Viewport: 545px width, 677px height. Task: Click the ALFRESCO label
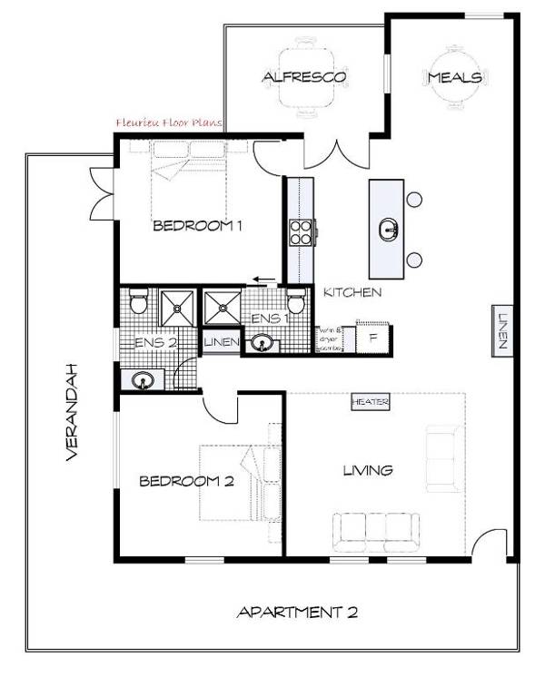(303, 77)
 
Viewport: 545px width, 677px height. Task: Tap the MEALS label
(454, 78)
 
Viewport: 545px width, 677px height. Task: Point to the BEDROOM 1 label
(196, 226)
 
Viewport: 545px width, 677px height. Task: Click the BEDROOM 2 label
(186, 482)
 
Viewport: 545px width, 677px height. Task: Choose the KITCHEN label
(352, 292)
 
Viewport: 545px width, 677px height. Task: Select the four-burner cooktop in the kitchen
(301, 232)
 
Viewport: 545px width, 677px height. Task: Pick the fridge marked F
(373, 336)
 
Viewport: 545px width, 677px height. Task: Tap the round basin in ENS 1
(263, 343)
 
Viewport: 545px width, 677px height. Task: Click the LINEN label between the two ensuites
(221, 342)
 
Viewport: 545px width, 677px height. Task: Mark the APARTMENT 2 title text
(297, 612)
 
